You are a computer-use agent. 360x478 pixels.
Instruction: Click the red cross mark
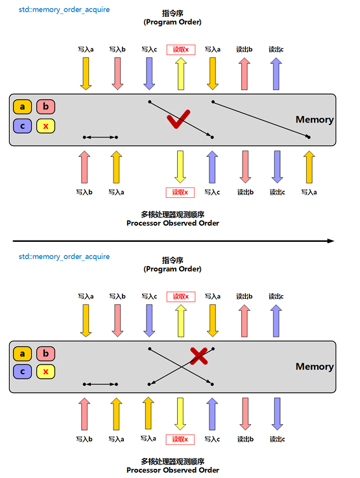[198, 356]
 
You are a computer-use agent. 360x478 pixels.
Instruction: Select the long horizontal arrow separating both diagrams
[173, 241]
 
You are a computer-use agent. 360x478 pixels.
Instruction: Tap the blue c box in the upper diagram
[22, 126]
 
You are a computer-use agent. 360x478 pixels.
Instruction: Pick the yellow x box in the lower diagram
[45, 372]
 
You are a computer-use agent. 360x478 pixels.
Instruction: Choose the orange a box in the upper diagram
[22, 107]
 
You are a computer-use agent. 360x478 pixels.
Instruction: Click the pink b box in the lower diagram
[45, 353]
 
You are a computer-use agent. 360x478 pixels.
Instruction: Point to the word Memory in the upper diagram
[315, 119]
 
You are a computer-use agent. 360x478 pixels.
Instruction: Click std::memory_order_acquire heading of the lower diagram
[64, 257]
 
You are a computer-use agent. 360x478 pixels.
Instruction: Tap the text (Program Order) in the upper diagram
[173, 22]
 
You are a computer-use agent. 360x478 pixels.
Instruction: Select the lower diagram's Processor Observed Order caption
[173, 470]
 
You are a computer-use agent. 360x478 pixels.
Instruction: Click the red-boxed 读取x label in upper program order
[181, 50]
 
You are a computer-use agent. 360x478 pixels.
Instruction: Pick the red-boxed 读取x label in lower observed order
[180, 439]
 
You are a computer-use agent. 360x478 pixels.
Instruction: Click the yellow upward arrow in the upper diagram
[181, 74]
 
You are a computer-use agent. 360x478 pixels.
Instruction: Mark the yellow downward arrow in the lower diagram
[180, 414]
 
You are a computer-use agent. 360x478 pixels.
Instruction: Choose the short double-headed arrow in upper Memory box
[101, 137]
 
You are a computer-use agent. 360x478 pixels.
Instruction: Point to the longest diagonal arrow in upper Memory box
[261, 119]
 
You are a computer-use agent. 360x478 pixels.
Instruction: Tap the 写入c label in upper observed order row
[212, 193]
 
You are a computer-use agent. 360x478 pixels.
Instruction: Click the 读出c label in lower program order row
[276, 296]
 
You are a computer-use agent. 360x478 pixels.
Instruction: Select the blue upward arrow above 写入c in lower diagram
[212, 414]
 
